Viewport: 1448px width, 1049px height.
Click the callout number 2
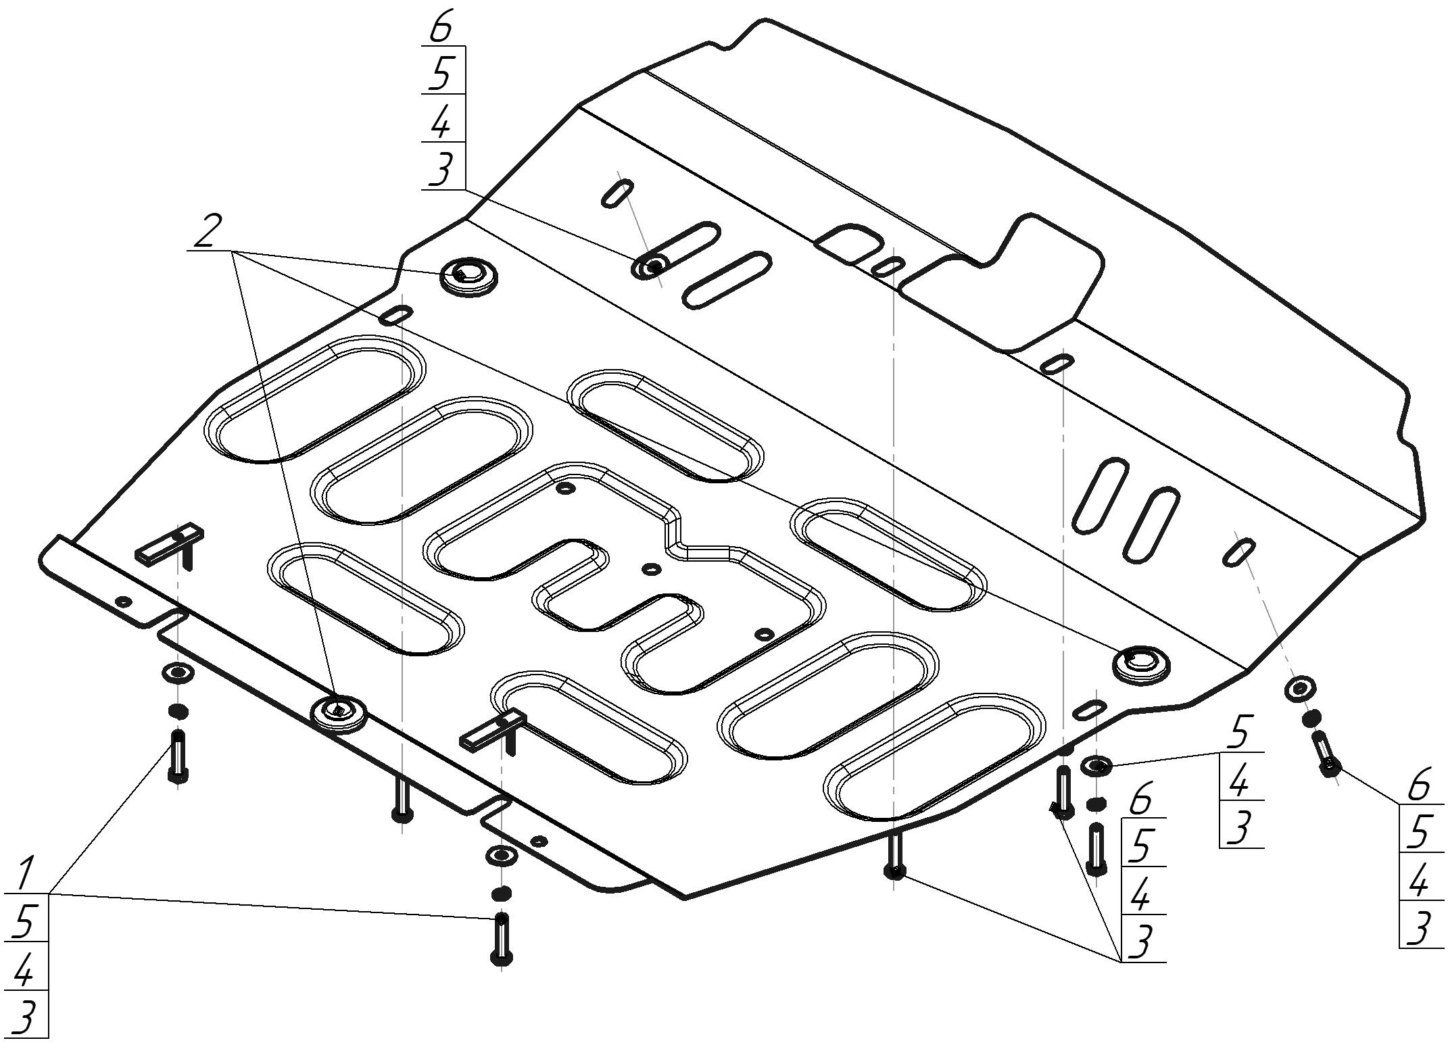pyautogui.click(x=207, y=232)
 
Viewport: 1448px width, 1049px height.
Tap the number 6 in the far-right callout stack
pyautogui.click(x=1420, y=785)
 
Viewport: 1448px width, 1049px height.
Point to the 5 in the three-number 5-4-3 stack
pyautogui.click(x=1238, y=733)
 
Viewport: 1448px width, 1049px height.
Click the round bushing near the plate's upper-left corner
pyautogui.click(x=468, y=276)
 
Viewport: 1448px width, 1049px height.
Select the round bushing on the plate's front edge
pyautogui.click(x=338, y=712)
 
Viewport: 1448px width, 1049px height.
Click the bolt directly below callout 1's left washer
pyautogui.click(x=178, y=757)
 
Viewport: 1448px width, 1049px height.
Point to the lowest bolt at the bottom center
pyautogui.click(x=501, y=940)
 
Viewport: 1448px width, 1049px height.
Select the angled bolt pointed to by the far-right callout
pyautogui.click(x=1325, y=754)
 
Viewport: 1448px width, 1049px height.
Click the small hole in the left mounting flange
pyautogui.click(x=123, y=601)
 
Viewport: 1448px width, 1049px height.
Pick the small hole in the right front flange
pyautogui.click(x=539, y=841)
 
